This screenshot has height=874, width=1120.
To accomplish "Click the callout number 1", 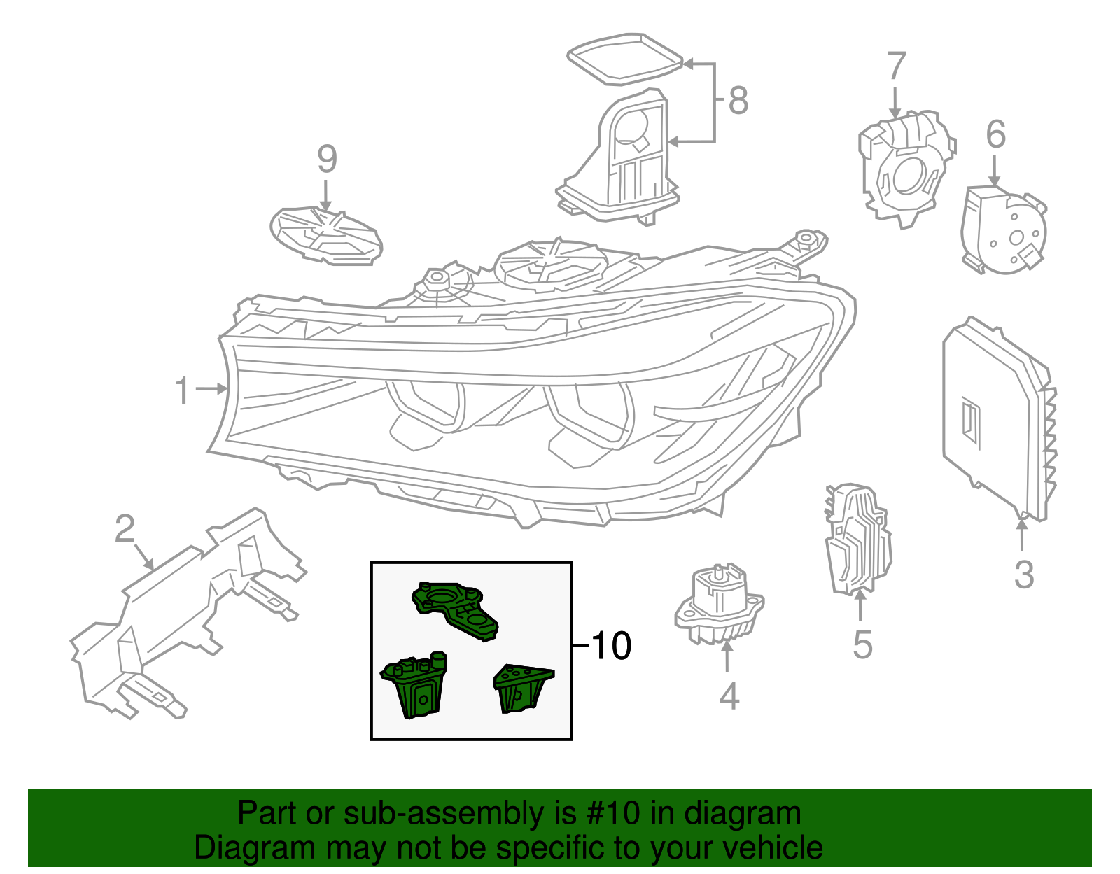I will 182,390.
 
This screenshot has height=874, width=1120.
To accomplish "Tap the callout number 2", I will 125,529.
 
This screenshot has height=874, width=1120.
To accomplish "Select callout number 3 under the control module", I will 1023,575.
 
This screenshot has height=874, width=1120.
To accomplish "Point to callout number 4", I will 729,696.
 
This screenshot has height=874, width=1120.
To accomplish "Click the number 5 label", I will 862,644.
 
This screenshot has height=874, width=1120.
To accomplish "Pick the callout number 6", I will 995,134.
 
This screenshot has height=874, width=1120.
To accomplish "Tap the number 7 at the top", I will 896,66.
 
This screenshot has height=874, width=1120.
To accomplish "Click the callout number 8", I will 738,100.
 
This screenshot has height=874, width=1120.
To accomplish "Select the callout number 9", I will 327,159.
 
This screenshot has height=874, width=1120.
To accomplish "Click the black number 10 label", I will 612,645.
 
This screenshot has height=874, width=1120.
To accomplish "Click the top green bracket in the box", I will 455,609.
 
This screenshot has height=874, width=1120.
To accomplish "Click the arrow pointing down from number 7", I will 895,101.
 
